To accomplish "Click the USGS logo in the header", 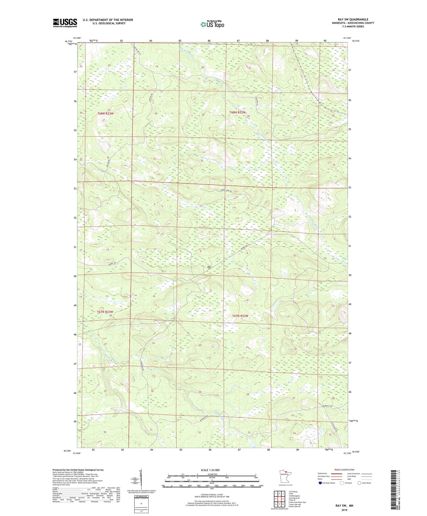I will tap(65, 23).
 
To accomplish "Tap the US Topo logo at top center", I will tap(212, 24).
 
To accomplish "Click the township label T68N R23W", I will tap(105, 113).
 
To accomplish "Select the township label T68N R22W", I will tap(238, 112).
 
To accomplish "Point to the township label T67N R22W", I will tap(240, 316).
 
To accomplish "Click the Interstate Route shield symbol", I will tap(320, 483).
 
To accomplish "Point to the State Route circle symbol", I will tap(359, 483).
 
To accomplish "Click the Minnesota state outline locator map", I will tap(285, 475).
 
